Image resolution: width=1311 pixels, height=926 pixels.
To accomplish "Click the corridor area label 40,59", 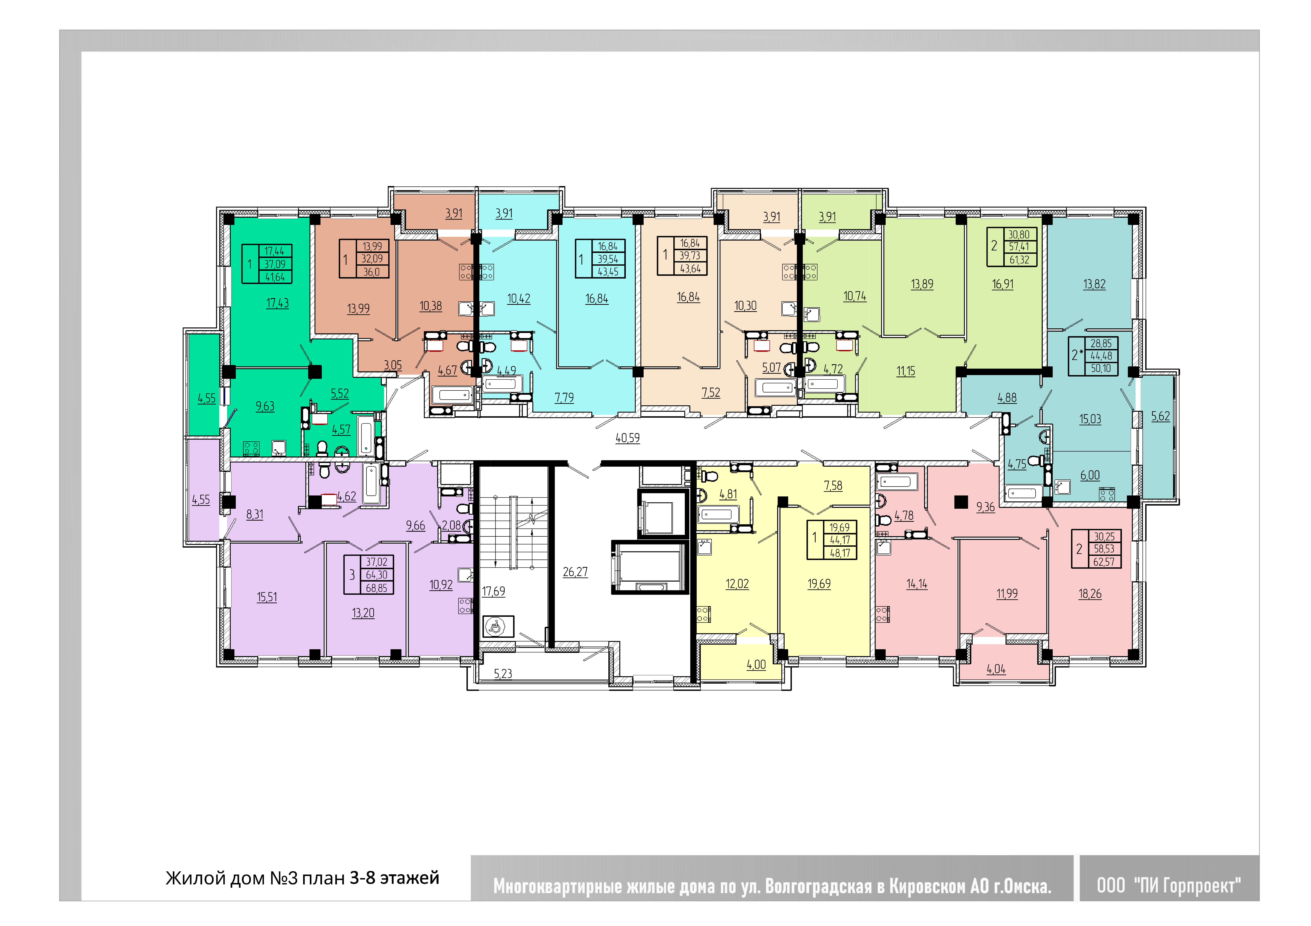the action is (628, 438).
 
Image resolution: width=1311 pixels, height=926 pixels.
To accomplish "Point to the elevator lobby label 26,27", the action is (575, 571).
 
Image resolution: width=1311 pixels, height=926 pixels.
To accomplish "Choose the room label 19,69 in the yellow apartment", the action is (819, 584).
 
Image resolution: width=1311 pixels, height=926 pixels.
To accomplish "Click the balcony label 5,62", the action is (1160, 416).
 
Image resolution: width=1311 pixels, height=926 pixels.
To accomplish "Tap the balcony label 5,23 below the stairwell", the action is (503, 674).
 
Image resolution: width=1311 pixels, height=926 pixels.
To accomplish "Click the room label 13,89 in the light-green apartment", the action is (922, 284).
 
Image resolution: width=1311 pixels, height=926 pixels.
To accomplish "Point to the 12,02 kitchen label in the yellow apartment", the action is (737, 584).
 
